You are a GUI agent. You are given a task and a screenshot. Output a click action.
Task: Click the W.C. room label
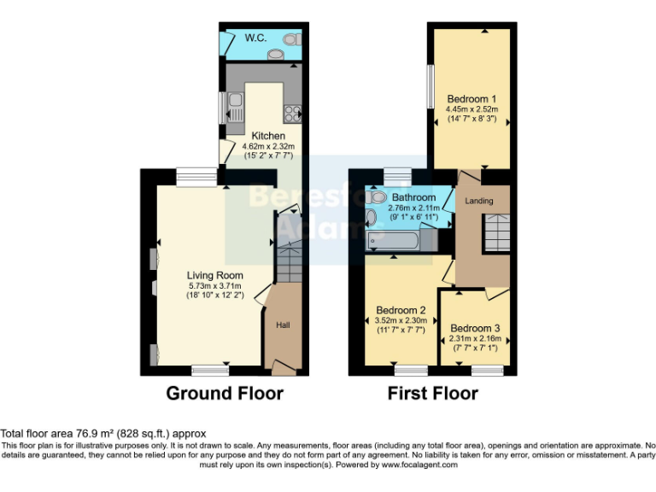[x=256, y=38]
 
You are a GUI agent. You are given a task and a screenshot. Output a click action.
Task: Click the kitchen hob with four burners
[x=291, y=113]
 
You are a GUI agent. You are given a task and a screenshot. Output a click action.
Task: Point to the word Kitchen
[x=268, y=136]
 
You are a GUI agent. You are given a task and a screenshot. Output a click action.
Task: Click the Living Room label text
[x=215, y=275]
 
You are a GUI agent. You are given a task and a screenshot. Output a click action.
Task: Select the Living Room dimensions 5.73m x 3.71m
[x=215, y=285]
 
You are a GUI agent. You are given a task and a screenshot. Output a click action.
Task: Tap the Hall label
[x=283, y=325]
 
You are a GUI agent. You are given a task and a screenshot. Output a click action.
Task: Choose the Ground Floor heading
[x=224, y=393]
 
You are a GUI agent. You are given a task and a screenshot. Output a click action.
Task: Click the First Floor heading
[x=432, y=393]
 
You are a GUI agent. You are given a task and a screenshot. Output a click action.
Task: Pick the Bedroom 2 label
[x=401, y=310]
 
